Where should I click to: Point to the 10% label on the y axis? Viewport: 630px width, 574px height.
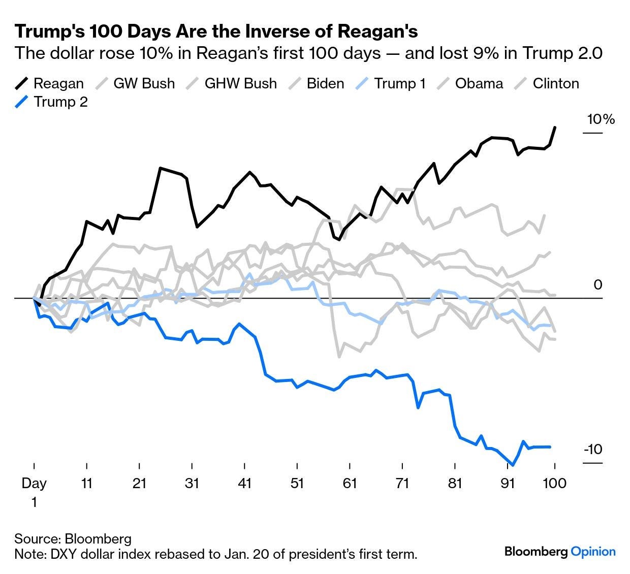601,120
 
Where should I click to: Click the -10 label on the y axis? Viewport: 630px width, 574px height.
593,450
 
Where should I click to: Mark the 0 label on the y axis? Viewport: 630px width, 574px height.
598,285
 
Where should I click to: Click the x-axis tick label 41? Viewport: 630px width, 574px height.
245,483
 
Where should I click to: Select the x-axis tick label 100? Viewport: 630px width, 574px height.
555,483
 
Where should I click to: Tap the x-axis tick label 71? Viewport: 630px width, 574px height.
402,483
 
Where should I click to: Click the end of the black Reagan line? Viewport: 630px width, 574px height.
555,127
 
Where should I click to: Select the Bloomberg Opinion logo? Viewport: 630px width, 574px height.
560,552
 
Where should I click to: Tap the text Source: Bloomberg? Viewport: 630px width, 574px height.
73,539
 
